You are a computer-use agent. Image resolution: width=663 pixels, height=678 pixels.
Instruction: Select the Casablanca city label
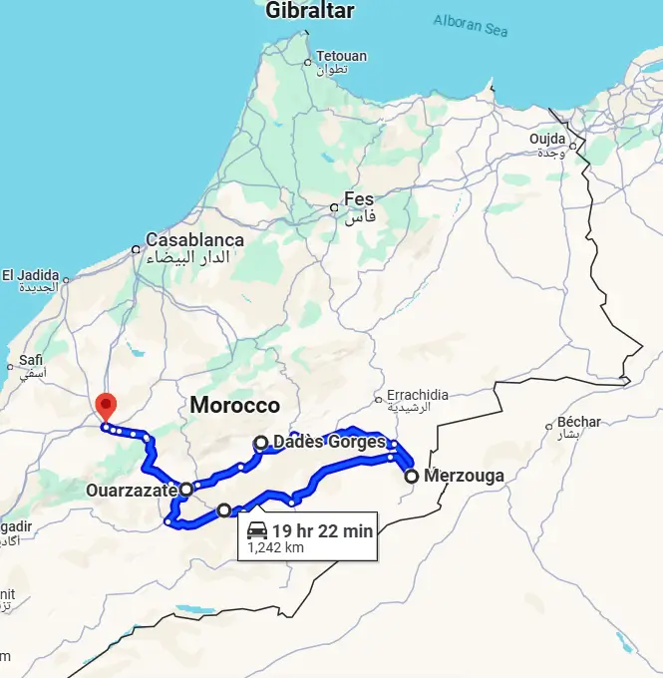pos(194,240)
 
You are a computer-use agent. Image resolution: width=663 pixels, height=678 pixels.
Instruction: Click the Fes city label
pos(358,198)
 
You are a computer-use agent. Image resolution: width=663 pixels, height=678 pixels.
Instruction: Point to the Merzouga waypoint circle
pos(411,477)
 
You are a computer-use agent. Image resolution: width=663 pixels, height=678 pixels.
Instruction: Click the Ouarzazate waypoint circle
pos(186,490)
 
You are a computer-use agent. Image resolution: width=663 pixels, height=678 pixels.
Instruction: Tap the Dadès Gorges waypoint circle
pos(260,443)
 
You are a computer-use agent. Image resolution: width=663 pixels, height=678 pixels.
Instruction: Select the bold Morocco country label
pos(235,406)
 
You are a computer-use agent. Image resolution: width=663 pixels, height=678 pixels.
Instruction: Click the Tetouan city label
pos(340,57)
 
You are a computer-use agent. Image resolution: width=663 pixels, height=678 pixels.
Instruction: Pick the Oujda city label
pos(547,139)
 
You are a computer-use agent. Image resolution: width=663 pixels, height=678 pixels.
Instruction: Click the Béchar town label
pos(579,421)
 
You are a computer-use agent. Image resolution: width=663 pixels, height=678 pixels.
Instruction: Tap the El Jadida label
pos(30,275)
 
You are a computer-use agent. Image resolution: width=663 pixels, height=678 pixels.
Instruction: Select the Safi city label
pos(31,362)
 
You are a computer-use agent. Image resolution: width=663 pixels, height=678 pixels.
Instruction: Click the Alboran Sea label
pos(471,23)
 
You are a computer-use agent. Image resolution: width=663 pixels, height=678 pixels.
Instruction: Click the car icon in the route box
pos(257,530)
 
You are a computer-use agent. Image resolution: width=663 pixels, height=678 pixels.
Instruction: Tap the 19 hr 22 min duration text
pos(322,531)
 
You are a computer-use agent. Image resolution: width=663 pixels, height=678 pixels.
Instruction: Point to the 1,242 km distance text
pos(276,547)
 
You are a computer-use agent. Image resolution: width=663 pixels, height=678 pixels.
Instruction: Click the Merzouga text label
pos(464,476)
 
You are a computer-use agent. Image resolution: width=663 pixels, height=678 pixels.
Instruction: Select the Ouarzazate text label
pos(132,491)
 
